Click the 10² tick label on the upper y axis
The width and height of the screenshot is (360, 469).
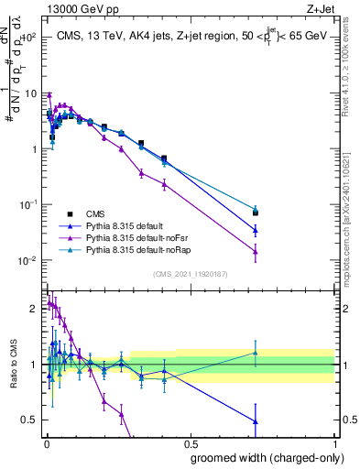(28, 38)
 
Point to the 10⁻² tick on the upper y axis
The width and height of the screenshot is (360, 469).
(28, 260)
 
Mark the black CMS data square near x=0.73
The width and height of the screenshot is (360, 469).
(256, 213)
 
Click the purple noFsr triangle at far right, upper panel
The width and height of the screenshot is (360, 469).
(256, 251)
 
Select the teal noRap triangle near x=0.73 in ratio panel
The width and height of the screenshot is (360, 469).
(256, 353)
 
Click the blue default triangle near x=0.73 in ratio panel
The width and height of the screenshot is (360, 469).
(256, 421)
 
